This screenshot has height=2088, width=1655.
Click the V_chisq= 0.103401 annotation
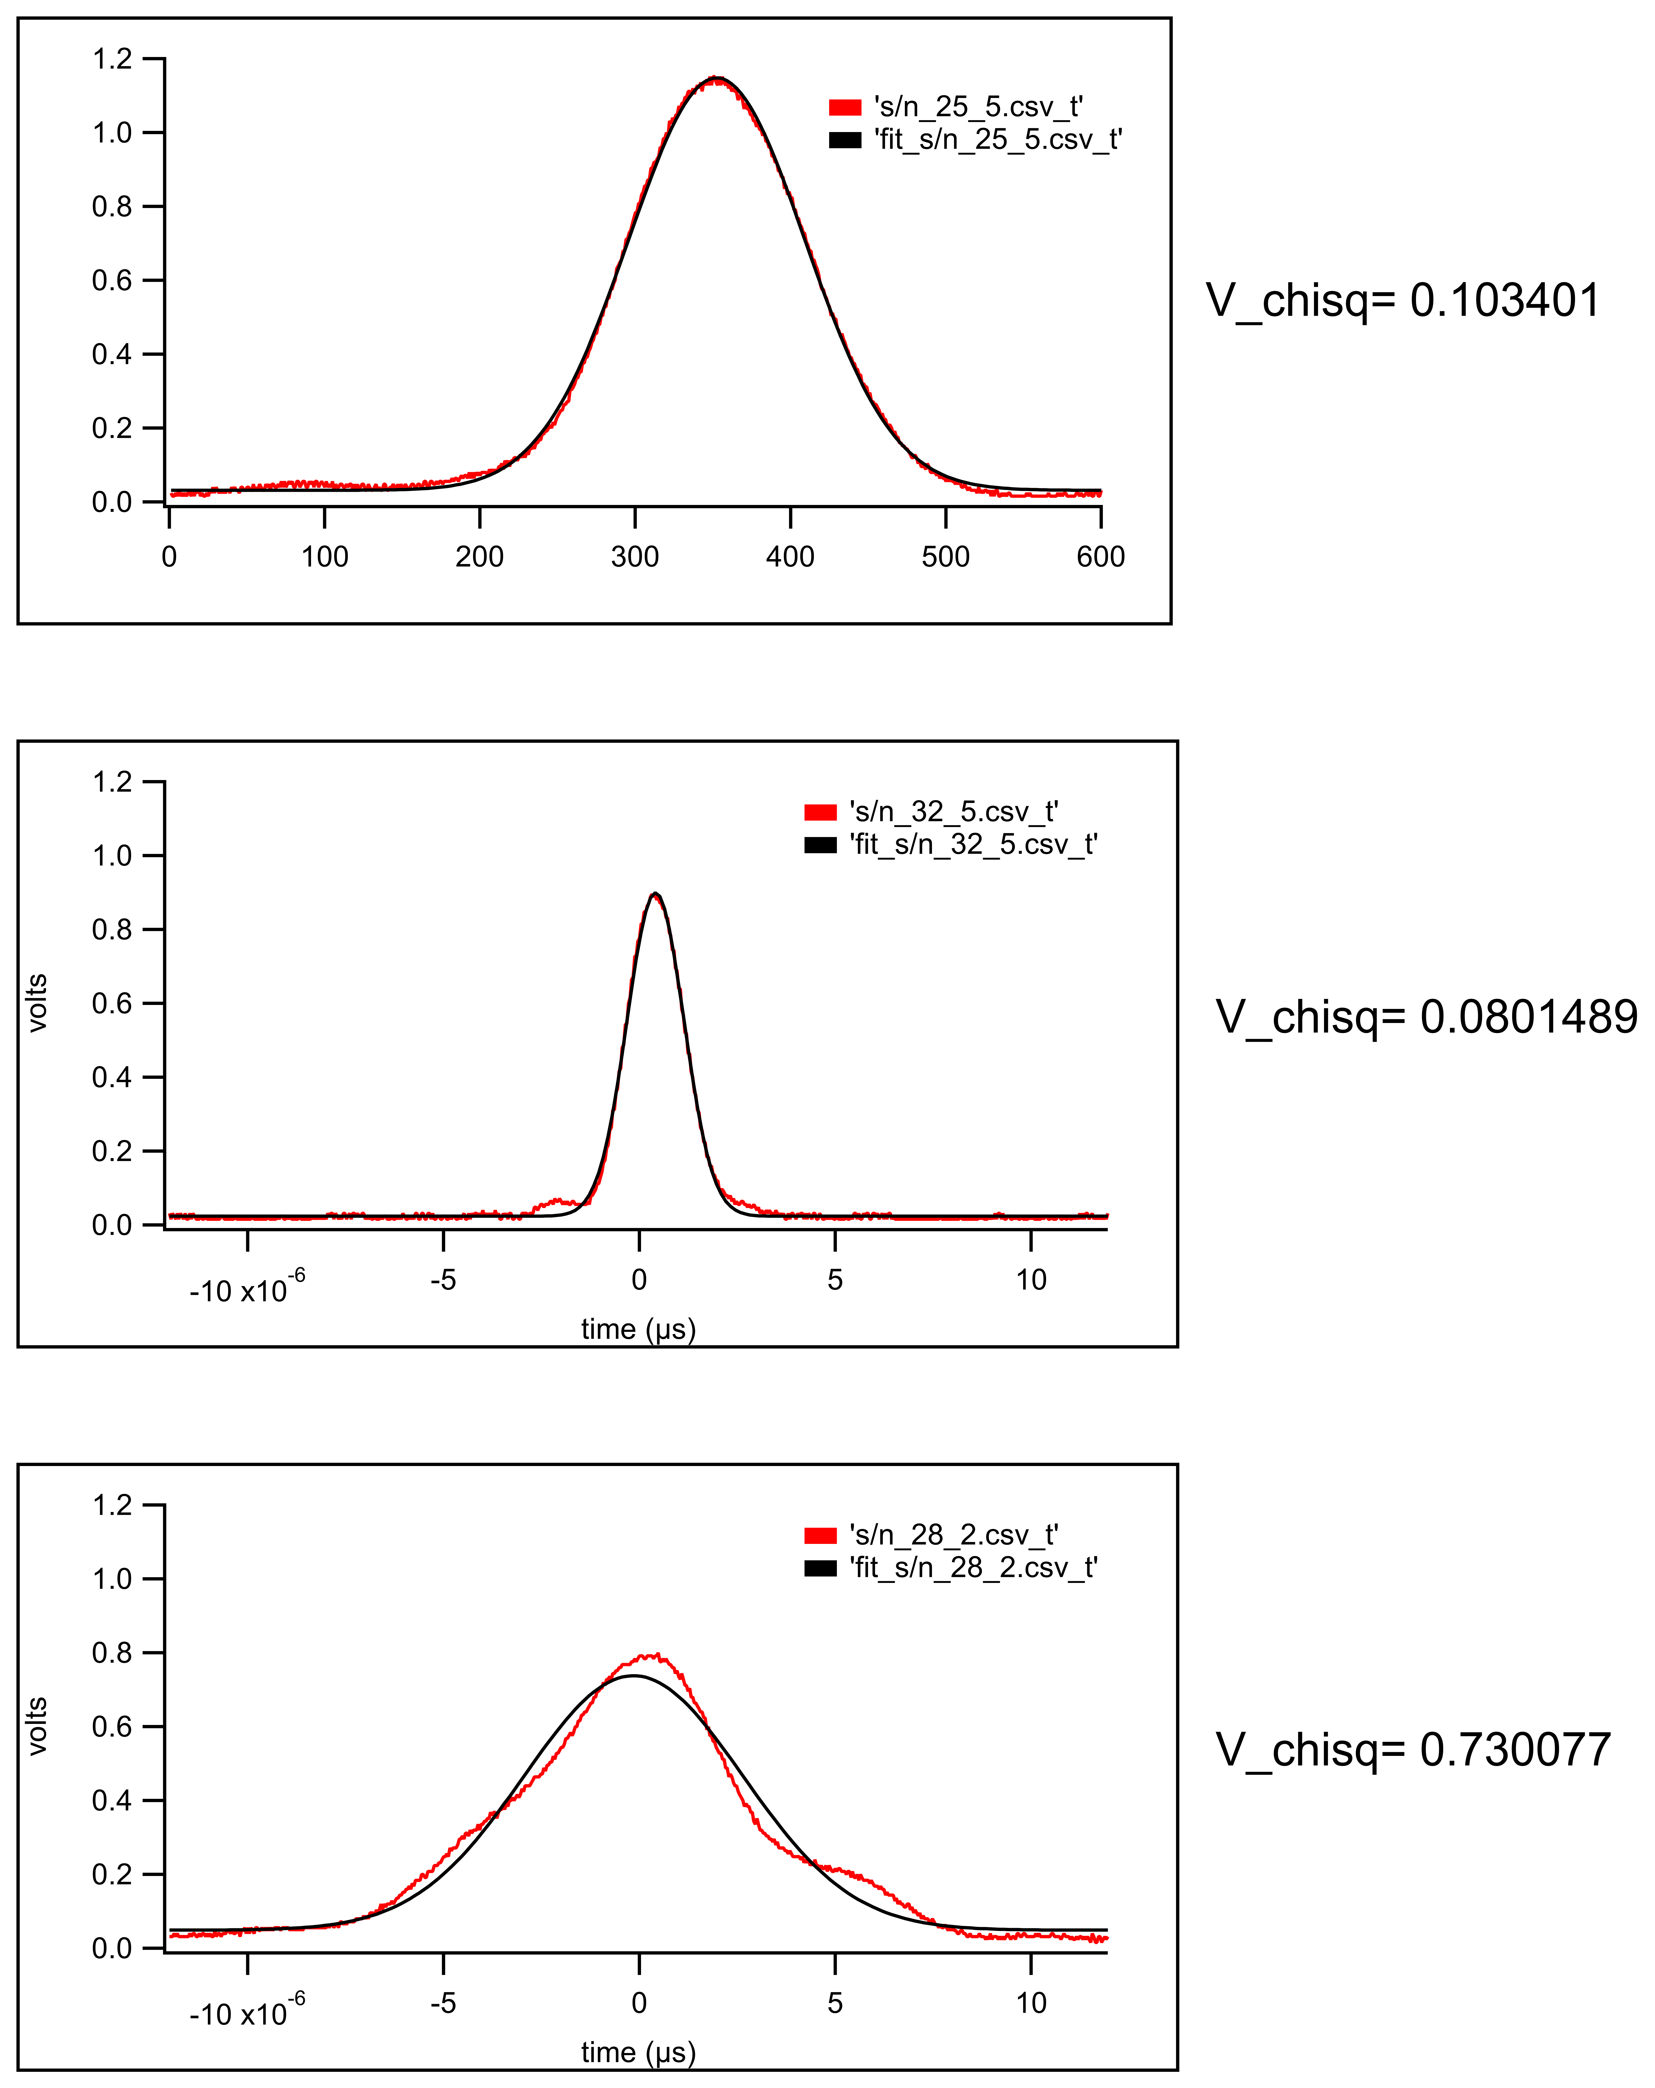coord(1402,300)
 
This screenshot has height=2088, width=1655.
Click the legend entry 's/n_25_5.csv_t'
coord(978,106)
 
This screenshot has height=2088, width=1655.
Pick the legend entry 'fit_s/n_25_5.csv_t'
coord(998,140)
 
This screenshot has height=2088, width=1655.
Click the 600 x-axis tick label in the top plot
coord(1100,557)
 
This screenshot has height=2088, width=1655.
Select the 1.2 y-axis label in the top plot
coord(111,59)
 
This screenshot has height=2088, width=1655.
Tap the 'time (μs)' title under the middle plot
coord(638,1329)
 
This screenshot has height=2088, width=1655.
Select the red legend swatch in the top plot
coord(844,107)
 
